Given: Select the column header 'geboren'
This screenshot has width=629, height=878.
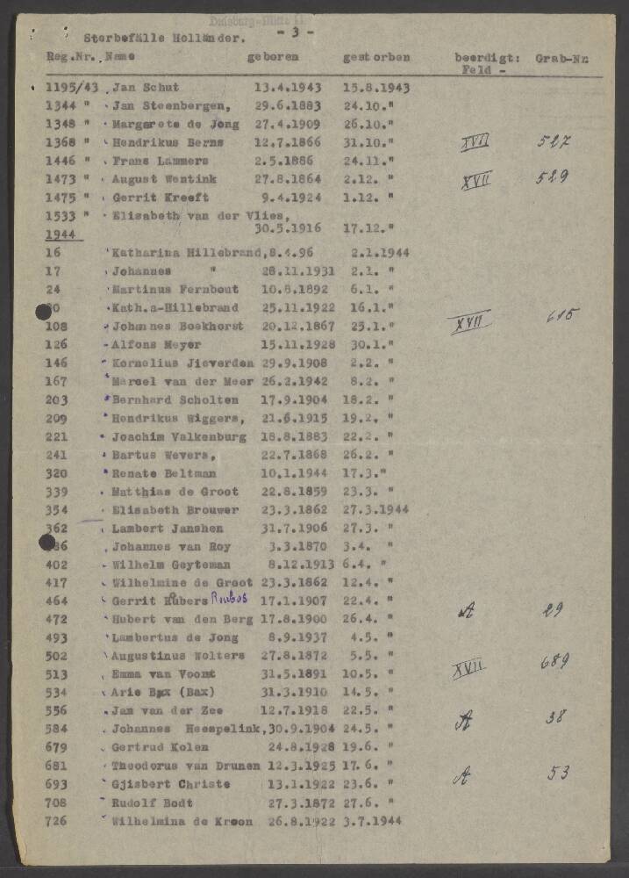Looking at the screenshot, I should click(x=273, y=57).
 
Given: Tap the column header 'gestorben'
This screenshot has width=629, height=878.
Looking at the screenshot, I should click(x=375, y=58).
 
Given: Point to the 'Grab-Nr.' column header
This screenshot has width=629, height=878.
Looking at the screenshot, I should click(x=561, y=58).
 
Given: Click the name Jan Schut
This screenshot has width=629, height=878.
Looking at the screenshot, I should click(x=146, y=87).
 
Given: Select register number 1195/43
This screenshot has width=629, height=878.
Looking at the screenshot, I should click(x=68, y=87).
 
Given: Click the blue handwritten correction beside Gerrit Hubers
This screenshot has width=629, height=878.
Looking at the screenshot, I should click(x=230, y=597).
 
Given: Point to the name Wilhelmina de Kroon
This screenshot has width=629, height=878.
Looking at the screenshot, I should click(x=182, y=821).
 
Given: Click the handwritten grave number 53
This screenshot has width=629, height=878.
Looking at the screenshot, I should click(x=558, y=773).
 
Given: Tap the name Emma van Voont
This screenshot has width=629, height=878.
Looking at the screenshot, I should click(x=163, y=674).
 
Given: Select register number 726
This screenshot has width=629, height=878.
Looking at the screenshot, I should click(x=57, y=821).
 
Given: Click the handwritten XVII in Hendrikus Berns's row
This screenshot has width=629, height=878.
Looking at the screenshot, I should click(x=475, y=142).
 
